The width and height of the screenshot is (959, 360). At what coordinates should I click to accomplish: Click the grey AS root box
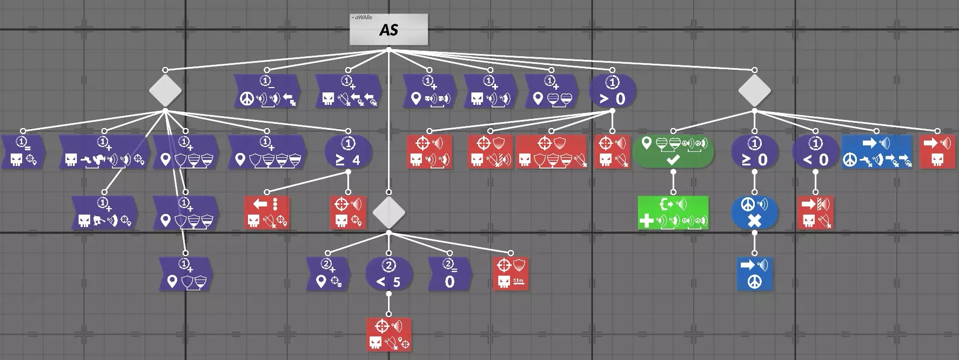point(388,29)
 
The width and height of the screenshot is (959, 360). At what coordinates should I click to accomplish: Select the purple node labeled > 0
point(612,91)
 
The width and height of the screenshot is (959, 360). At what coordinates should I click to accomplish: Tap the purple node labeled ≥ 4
point(348,152)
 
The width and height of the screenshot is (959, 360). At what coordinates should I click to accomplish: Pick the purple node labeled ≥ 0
point(754,152)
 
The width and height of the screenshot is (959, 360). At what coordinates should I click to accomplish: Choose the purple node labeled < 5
point(389,274)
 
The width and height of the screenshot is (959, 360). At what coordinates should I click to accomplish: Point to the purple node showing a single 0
point(450,274)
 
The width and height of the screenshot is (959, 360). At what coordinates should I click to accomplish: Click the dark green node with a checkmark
point(673,152)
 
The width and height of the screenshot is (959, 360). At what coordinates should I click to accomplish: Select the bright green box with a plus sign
point(673,213)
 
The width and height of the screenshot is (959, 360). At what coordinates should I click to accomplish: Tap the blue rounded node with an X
point(754,213)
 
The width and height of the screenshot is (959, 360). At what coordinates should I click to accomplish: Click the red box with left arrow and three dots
point(267,213)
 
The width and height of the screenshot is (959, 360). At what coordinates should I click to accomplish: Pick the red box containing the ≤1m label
point(511,274)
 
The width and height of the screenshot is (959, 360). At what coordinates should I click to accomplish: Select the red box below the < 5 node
point(389,335)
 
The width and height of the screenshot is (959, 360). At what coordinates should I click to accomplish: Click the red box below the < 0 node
point(815,213)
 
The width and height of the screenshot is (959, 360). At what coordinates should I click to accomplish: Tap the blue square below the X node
point(754,274)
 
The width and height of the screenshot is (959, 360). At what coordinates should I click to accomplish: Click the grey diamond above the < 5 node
point(388,213)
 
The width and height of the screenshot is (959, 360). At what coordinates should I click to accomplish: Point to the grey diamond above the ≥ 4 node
point(165,91)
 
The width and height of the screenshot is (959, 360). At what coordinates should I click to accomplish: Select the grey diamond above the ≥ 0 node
point(754,91)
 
